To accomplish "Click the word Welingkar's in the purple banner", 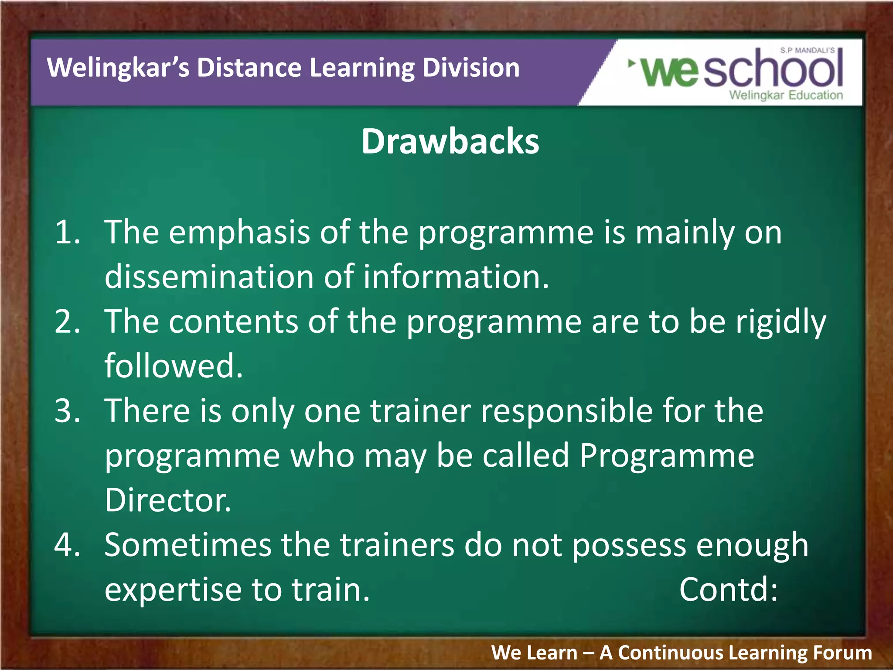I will pyautogui.click(x=118, y=68).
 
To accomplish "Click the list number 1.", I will pyautogui.click(x=68, y=232).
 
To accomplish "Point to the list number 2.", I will pyautogui.click(x=68, y=321).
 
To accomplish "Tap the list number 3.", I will pyautogui.click(x=68, y=411).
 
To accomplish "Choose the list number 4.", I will pyautogui.click(x=68, y=545).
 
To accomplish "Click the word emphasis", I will pyautogui.click(x=239, y=233).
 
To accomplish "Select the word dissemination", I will pyautogui.click(x=209, y=277).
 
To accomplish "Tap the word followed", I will pyautogui.click(x=173, y=366).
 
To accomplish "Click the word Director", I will pyautogui.click(x=167, y=500).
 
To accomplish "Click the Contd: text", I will pyautogui.click(x=728, y=590).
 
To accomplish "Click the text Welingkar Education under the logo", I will pyautogui.click(x=786, y=95).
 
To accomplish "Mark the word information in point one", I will pyautogui.click(x=456, y=277).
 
